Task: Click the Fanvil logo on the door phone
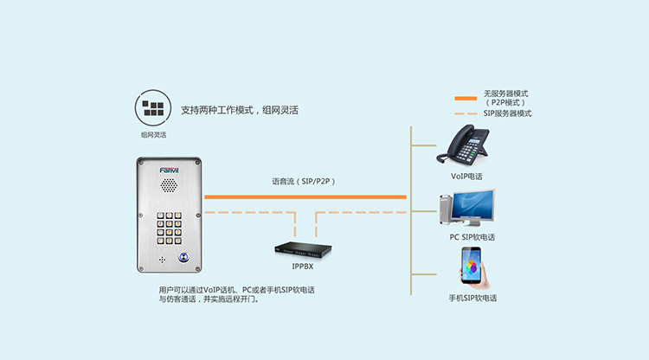(x=169, y=170)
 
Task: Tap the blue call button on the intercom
(x=183, y=256)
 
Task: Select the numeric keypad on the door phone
(x=169, y=228)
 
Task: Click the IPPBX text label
(x=303, y=267)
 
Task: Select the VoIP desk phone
(x=464, y=145)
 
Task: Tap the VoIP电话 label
(x=466, y=176)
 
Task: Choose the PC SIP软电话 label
(x=472, y=236)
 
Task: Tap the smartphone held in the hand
(x=472, y=267)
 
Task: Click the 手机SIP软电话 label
(x=472, y=298)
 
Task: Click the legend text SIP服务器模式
(x=507, y=113)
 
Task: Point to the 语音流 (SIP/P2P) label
(x=303, y=182)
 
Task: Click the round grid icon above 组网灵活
(x=151, y=108)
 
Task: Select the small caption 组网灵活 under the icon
(x=153, y=135)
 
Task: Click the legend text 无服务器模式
(x=506, y=93)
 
